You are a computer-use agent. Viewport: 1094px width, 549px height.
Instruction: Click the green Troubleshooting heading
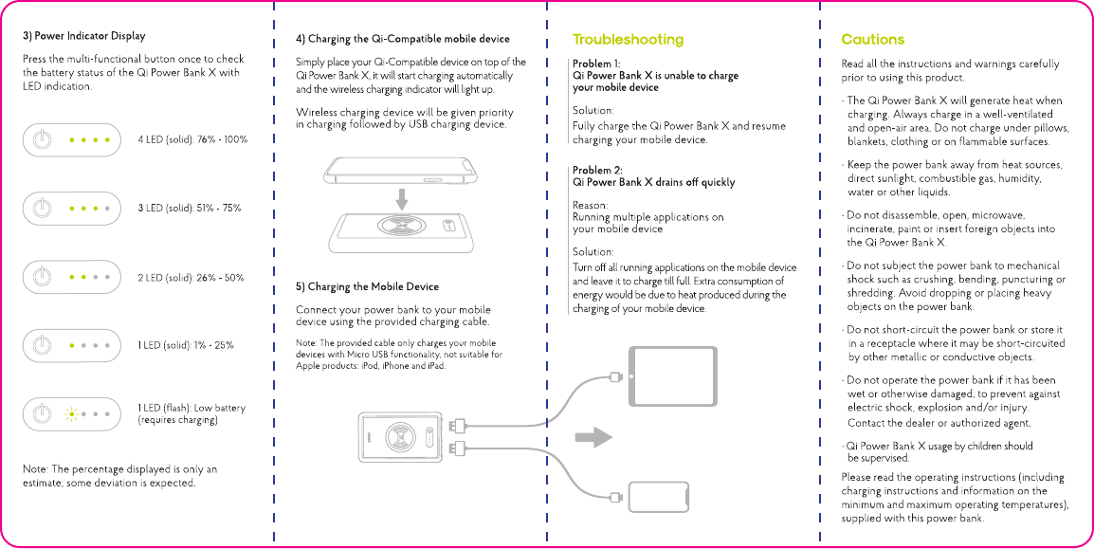(x=628, y=40)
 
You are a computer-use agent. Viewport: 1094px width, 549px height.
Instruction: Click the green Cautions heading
(x=872, y=40)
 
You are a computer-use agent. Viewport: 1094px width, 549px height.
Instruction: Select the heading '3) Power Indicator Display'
(x=84, y=36)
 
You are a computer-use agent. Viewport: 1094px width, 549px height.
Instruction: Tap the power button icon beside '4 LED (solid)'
(x=42, y=140)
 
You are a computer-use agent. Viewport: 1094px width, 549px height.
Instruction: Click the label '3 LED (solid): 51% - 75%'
(x=190, y=208)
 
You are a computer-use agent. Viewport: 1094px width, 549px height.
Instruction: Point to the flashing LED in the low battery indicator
(x=70, y=413)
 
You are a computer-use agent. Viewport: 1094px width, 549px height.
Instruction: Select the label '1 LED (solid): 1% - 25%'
(x=186, y=345)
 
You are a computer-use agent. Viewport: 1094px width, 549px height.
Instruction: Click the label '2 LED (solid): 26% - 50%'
(x=191, y=278)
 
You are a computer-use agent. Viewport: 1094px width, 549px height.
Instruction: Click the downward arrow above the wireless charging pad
(x=403, y=199)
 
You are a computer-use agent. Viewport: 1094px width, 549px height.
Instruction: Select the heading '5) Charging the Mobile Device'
(x=367, y=286)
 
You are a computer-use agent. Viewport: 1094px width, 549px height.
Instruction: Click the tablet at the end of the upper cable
(x=660, y=376)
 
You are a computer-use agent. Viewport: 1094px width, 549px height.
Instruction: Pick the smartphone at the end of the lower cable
(x=659, y=496)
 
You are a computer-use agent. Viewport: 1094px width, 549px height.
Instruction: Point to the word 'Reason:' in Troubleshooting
(x=591, y=205)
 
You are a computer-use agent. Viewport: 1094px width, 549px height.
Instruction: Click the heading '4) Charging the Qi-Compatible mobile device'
(x=402, y=39)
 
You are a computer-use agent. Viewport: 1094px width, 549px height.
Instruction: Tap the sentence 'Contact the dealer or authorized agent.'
(x=939, y=423)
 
